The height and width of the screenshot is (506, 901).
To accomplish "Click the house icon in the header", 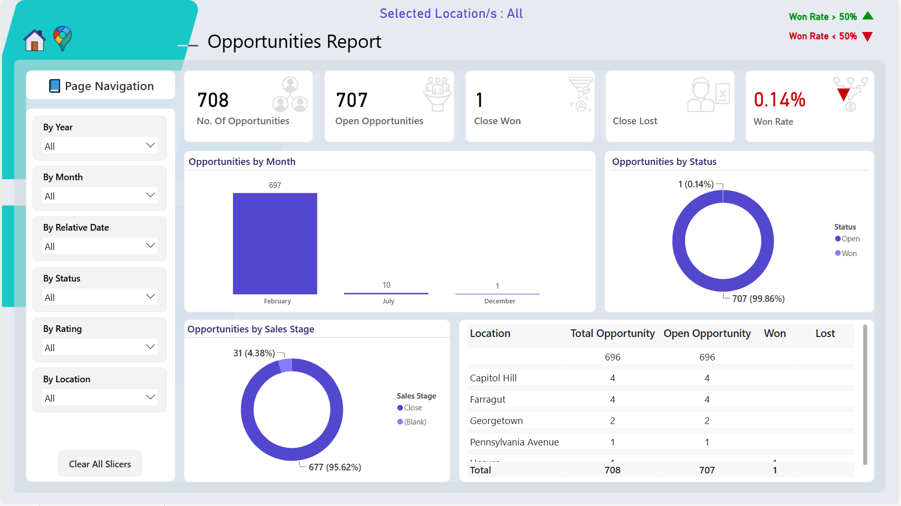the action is (x=35, y=40).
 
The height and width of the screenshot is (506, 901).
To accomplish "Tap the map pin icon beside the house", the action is (x=63, y=39).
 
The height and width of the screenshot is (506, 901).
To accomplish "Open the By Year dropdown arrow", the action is (x=150, y=146).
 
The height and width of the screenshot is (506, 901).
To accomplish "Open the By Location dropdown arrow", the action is (x=150, y=398).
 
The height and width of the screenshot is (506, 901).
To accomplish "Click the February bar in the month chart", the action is (x=275, y=243).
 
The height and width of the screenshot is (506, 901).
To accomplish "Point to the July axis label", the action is (x=388, y=301).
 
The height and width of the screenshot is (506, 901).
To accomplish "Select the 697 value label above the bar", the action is (x=275, y=185).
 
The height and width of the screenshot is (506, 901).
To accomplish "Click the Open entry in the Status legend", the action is (x=847, y=239).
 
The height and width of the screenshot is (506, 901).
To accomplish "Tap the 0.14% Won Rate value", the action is (x=779, y=100).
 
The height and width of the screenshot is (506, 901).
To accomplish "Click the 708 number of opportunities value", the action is (x=213, y=100).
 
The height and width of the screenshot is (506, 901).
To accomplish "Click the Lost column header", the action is (x=825, y=333).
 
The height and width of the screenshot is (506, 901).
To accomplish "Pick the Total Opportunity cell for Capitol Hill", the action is (x=613, y=378).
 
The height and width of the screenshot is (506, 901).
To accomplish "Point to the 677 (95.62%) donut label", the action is (x=335, y=467).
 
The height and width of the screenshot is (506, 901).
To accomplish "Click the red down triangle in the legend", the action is (x=868, y=37).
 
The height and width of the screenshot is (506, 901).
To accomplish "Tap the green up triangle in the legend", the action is (x=868, y=16).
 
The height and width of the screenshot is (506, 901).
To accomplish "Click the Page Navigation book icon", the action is (x=54, y=86).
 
